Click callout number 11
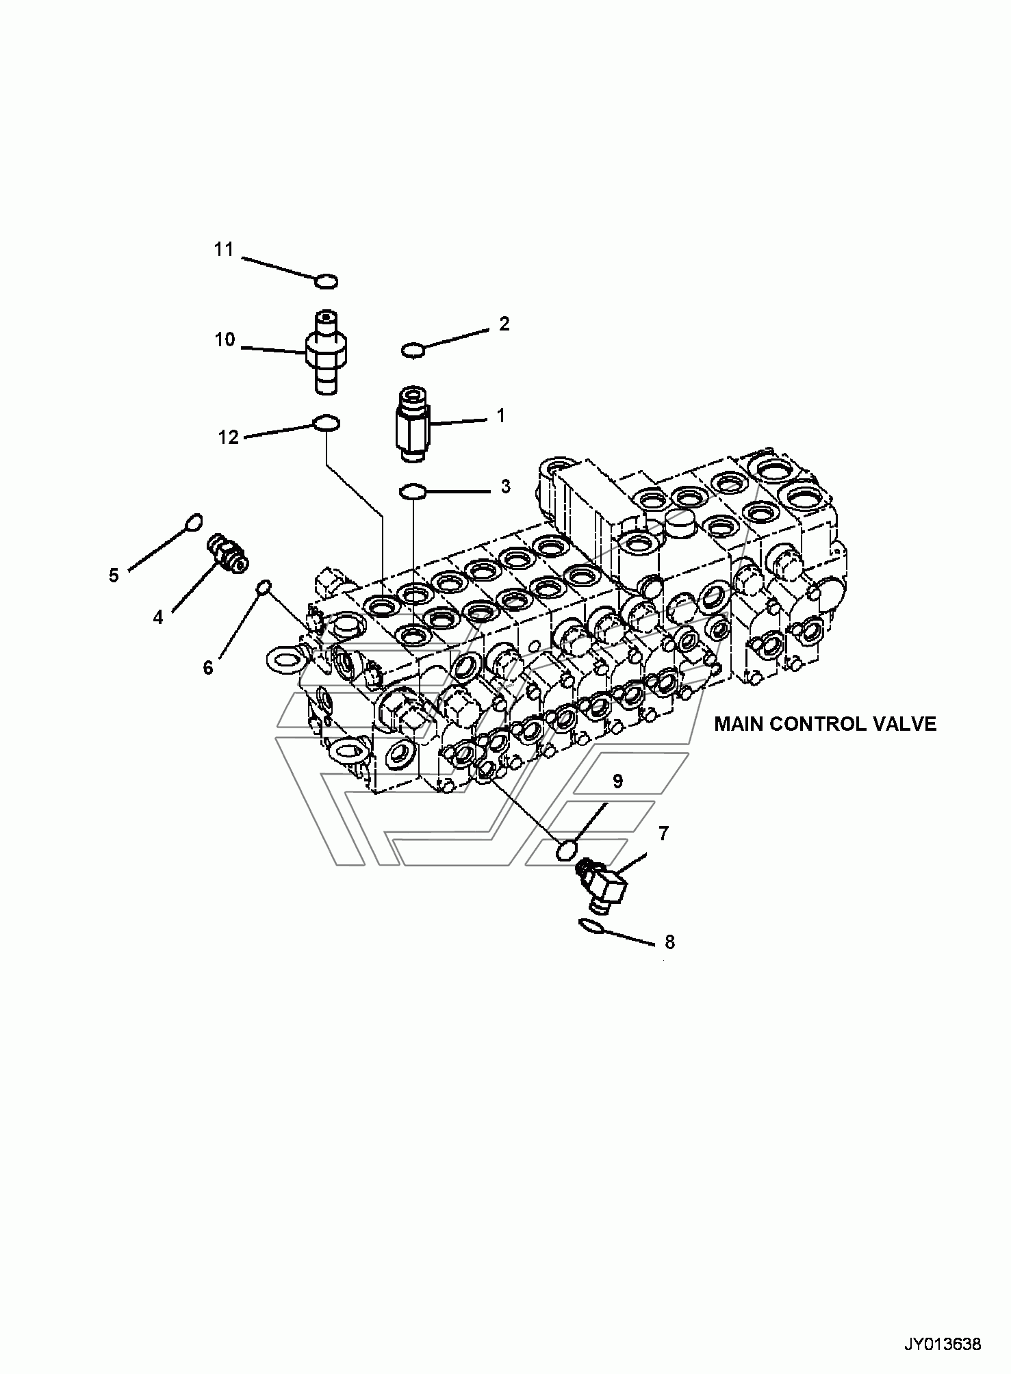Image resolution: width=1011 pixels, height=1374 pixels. (224, 250)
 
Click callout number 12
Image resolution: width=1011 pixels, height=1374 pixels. (229, 437)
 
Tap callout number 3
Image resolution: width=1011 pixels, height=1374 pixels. (505, 487)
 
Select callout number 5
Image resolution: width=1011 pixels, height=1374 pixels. (114, 575)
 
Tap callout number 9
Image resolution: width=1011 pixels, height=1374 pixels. (617, 781)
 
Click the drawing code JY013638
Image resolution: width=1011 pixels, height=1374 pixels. (943, 1344)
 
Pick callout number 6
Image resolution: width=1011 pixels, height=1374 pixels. (208, 667)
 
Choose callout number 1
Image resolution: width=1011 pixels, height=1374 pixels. (500, 415)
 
